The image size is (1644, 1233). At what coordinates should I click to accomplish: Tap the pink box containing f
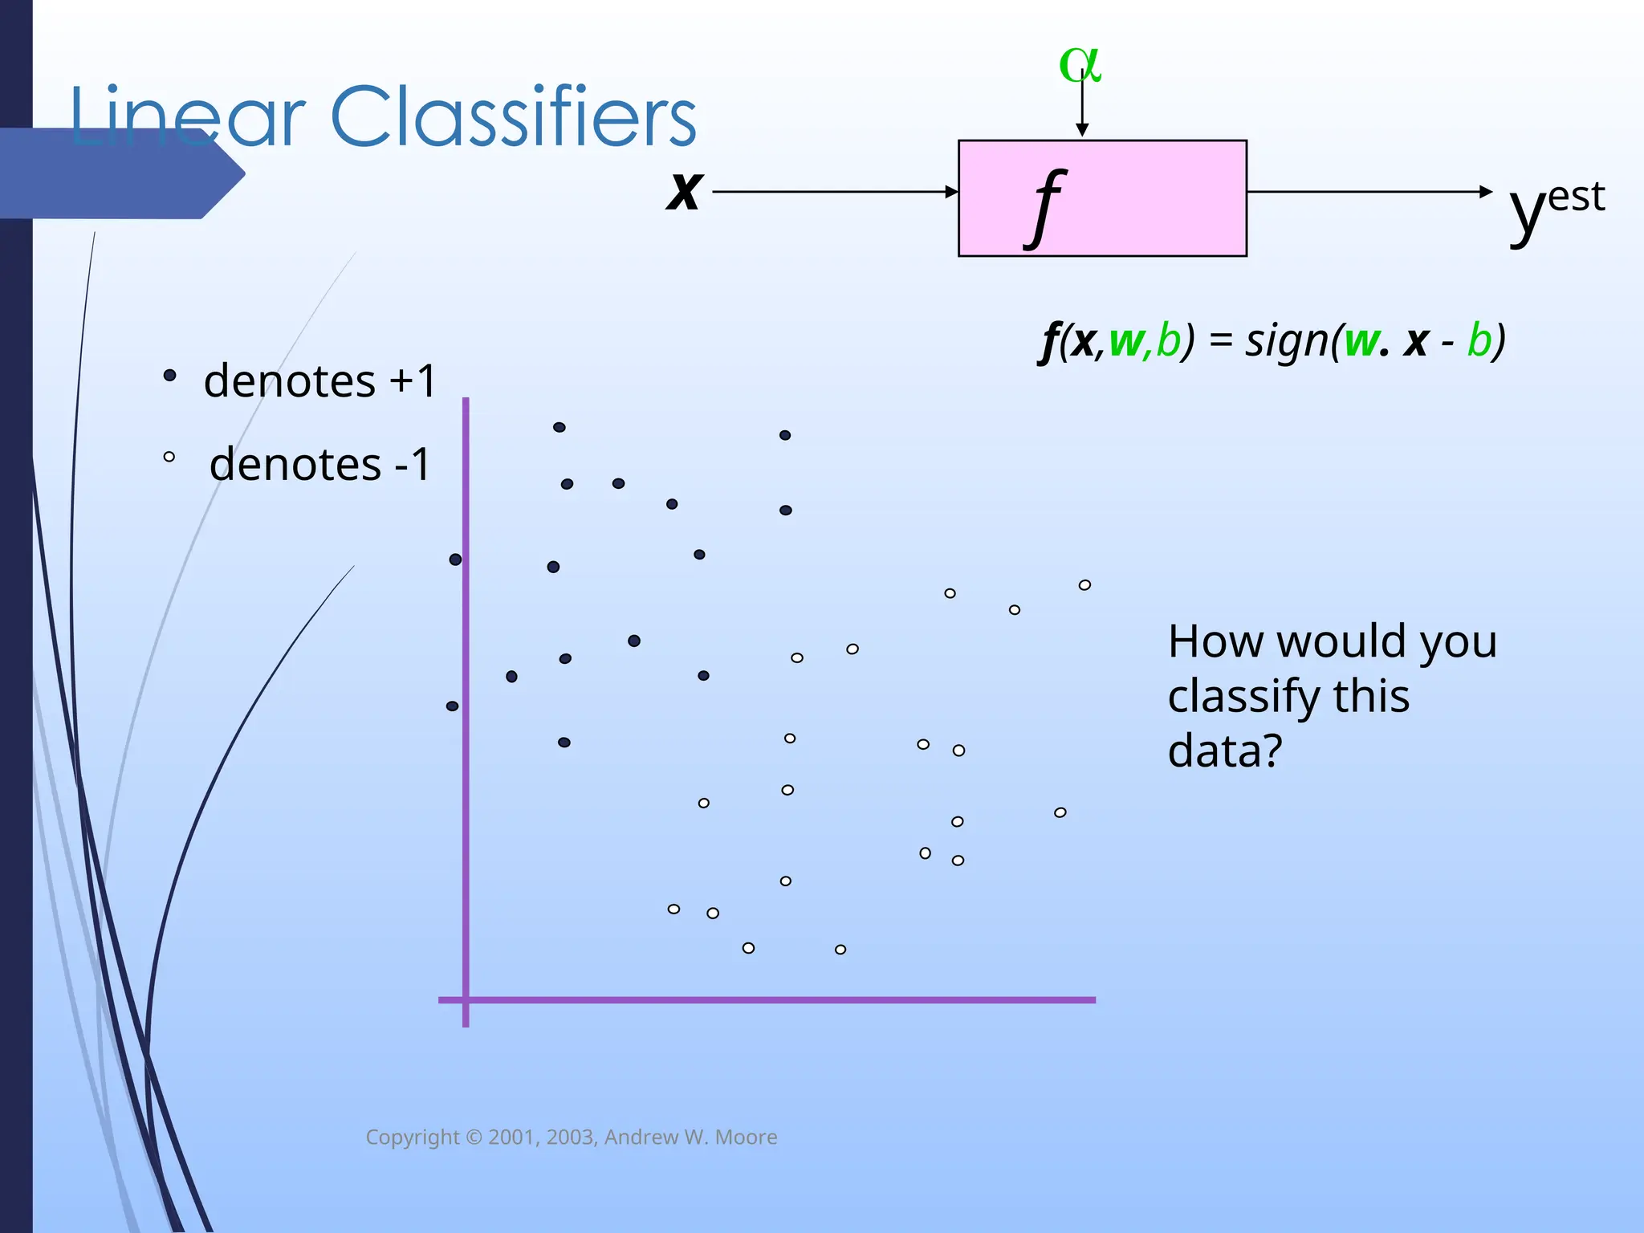pyautogui.click(x=1140, y=198)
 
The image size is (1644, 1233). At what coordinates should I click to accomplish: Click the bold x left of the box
pyautogui.click(x=684, y=192)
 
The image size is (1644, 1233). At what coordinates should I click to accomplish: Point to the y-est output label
pyautogui.click(x=1556, y=205)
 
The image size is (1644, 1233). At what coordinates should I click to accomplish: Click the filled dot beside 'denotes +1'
pyautogui.click(x=169, y=375)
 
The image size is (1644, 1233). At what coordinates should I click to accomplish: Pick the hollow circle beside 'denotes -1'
pyautogui.click(x=169, y=457)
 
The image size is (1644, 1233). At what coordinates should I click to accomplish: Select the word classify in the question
pyautogui.click(x=1288, y=696)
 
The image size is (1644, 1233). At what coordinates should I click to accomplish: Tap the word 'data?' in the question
pyautogui.click(x=1225, y=751)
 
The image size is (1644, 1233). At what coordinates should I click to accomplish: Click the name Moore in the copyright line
pyautogui.click(x=746, y=1137)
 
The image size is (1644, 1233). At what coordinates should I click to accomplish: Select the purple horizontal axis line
pyautogui.click(x=771, y=999)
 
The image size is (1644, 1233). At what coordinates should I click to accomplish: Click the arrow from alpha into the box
pyautogui.click(x=1082, y=104)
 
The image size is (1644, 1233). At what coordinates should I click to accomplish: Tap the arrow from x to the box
pyautogui.click(x=835, y=192)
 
